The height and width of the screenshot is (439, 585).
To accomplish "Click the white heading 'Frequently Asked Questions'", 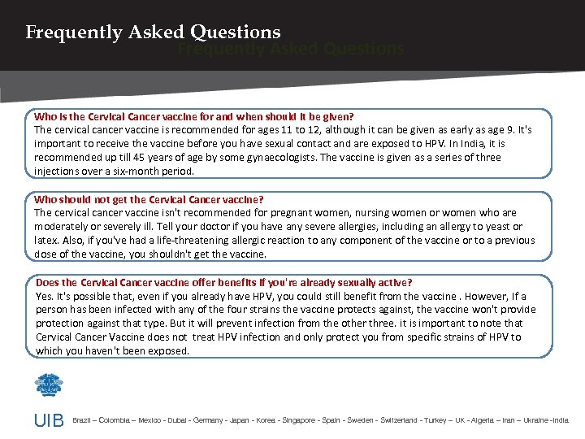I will coord(153,33).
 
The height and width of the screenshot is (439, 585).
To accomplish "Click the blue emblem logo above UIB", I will coord(48,384).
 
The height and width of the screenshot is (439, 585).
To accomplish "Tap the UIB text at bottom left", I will coord(48,421).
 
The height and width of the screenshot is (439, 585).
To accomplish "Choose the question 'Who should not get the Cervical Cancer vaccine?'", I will coord(149,199).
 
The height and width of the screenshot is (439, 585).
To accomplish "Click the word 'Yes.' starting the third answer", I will coord(45,296).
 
